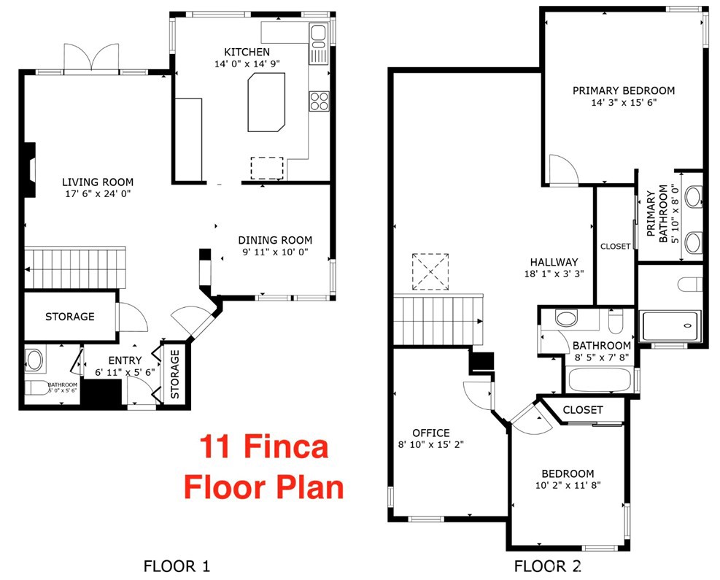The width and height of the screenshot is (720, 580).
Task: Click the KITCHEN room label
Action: [247, 52]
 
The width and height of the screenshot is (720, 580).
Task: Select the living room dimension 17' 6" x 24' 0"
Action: [97, 194]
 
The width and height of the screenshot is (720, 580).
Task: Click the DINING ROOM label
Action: [275, 240]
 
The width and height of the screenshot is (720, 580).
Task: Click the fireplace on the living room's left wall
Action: [28, 169]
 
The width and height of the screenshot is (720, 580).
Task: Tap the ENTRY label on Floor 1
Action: [125, 360]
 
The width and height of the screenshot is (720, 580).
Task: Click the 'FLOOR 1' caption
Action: [177, 565]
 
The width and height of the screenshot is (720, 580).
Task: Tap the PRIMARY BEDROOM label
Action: [623, 90]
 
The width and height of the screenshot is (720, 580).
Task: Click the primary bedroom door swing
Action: [562, 170]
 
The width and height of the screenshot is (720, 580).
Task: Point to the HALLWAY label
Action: [554, 262]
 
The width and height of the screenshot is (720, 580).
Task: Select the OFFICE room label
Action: [430, 433]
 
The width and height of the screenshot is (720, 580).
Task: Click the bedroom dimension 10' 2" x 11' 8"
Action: [568, 484]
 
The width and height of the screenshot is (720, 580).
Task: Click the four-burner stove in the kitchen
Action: [319, 100]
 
